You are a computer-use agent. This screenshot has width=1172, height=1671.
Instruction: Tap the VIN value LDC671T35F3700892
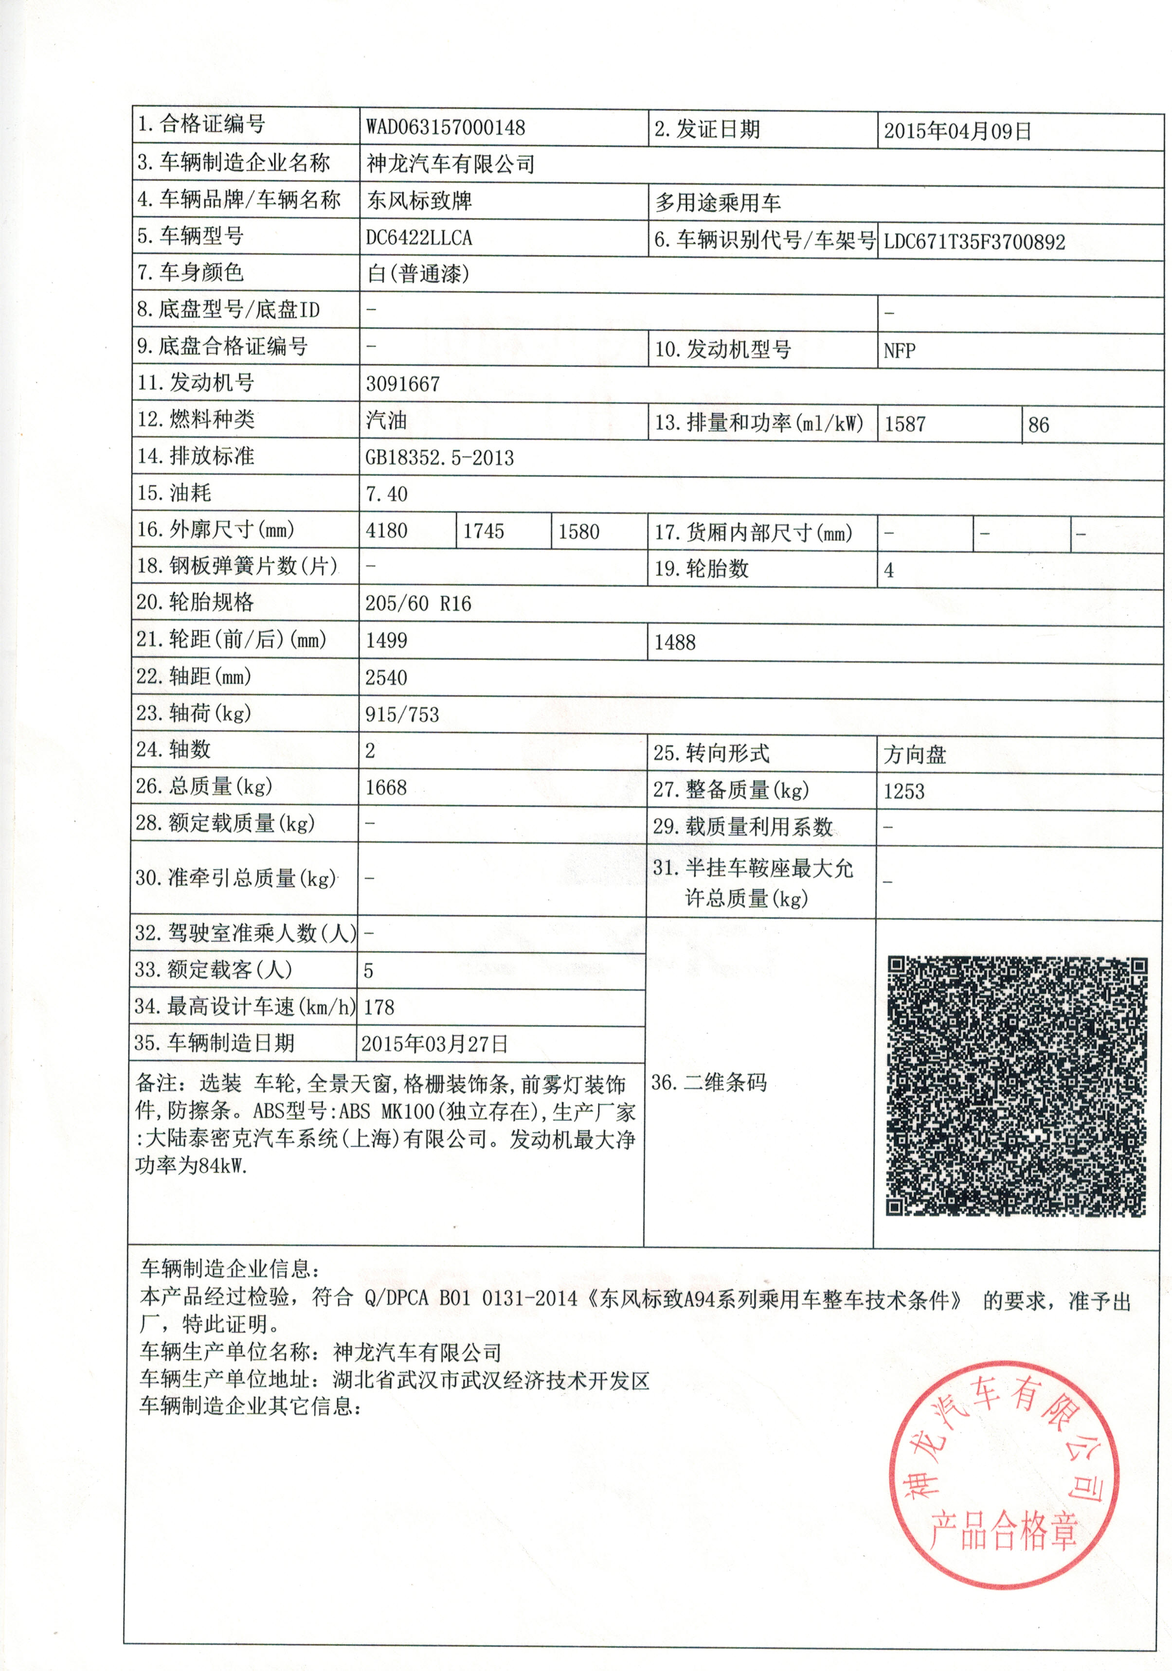click(974, 242)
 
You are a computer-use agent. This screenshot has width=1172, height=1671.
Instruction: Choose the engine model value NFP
click(899, 351)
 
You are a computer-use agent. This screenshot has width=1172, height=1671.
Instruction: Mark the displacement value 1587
click(905, 424)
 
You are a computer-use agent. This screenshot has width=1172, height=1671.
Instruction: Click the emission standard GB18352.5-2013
click(440, 458)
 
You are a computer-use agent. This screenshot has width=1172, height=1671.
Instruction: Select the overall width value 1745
click(484, 531)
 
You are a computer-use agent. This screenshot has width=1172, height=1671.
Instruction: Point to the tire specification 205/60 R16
click(418, 604)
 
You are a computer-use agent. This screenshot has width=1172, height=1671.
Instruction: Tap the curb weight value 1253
click(904, 792)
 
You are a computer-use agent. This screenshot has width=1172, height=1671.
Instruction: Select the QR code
click(1016, 1086)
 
